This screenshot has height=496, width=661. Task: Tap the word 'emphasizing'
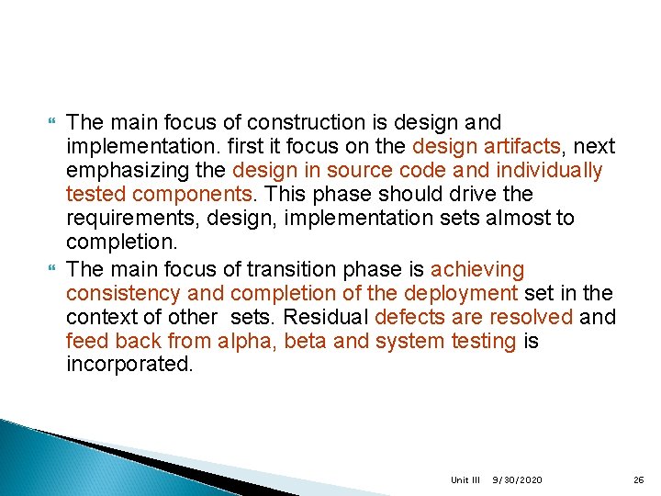[x=122, y=171]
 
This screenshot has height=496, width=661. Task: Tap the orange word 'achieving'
[x=477, y=270]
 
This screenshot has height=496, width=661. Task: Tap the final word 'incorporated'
[x=129, y=365]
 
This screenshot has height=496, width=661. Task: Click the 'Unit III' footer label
[x=465, y=480]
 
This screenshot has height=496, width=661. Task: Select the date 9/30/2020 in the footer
[x=517, y=480]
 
